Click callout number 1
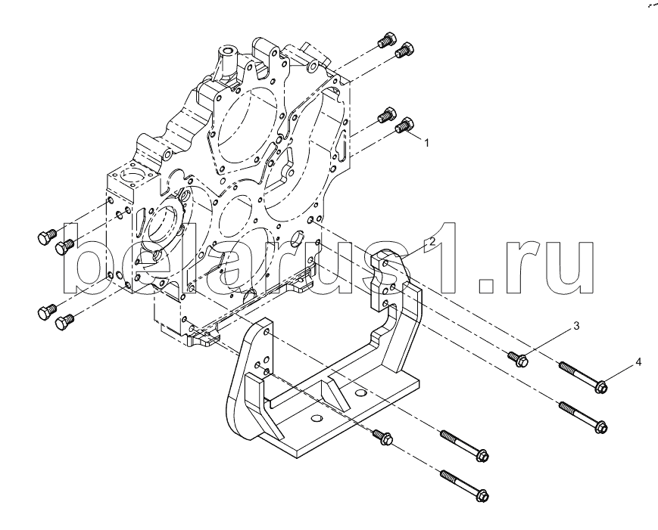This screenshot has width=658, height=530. point(427,142)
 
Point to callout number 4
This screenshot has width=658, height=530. point(638,363)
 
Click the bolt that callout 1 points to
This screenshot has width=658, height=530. point(407,126)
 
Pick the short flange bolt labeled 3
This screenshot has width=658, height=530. point(517,358)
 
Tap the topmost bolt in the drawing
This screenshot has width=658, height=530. point(387,39)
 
